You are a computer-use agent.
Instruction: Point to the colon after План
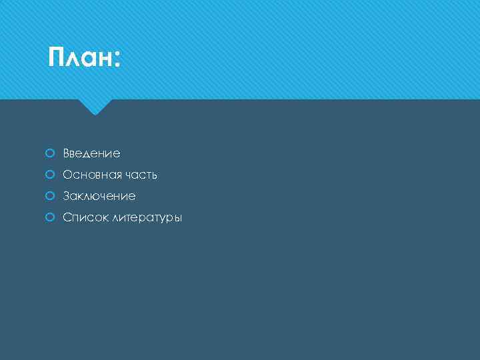coord(117,61)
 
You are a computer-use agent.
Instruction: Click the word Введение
coord(91,153)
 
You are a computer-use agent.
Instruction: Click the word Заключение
coord(99,196)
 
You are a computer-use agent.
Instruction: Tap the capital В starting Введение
coord(66,153)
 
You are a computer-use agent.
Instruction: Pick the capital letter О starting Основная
coord(67,175)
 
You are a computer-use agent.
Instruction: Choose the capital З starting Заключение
coord(66,196)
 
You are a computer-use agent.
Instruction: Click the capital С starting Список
coord(67,217)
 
